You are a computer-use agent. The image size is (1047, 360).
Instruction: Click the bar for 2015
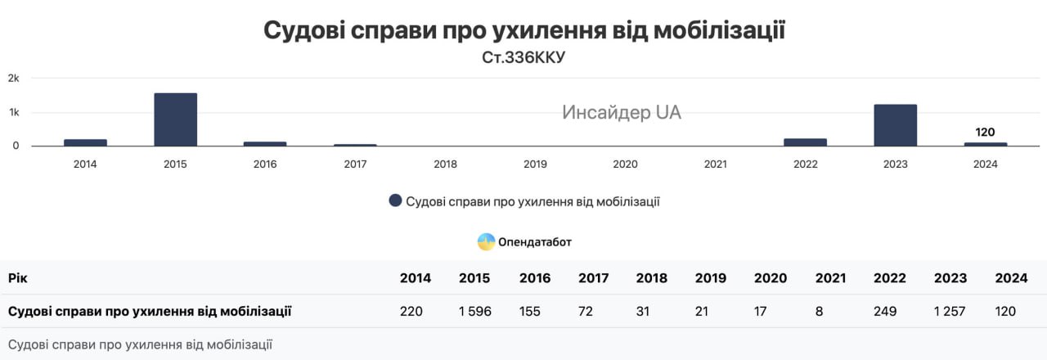coord(175,119)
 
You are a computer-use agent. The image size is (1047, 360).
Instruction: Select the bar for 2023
coord(895,125)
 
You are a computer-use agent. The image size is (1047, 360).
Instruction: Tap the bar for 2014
coord(85,142)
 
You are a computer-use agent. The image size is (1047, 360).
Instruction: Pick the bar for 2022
coord(805,142)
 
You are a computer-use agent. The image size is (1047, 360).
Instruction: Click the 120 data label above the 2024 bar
coord(985,132)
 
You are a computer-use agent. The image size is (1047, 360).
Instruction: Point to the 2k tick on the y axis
coord(14,78)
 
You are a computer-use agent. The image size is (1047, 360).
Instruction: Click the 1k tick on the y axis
coord(14,112)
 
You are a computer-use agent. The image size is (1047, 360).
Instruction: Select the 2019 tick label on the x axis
coord(535,164)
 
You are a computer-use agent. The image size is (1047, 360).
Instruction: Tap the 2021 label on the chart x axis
coord(715,164)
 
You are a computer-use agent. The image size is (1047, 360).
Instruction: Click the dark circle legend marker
coord(395,201)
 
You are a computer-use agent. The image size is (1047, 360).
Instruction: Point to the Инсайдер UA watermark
coord(621,113)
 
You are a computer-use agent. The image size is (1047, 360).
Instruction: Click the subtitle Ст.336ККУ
coord(523,58)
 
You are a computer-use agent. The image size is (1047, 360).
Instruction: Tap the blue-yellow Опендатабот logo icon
coord(486,241)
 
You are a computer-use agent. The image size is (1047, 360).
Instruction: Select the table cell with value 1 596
coord(474,312)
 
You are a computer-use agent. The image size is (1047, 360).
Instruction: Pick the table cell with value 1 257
coord(950,312)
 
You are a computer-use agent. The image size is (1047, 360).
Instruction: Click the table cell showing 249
coord(884,312)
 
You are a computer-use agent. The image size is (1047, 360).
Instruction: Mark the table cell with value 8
coord(819,312)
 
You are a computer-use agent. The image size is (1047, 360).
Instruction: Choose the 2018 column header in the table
coord(652,278)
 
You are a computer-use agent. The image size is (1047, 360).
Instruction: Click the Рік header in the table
coord(19,278)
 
